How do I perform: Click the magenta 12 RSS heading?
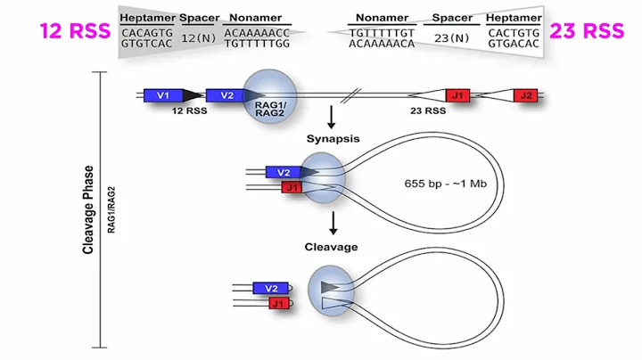pos(74,31)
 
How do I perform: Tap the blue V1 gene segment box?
pos(162,94)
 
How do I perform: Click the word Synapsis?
pos(332,138)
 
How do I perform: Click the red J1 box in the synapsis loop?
pos(291,187)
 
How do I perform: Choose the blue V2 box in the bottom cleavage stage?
pos(271,288)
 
